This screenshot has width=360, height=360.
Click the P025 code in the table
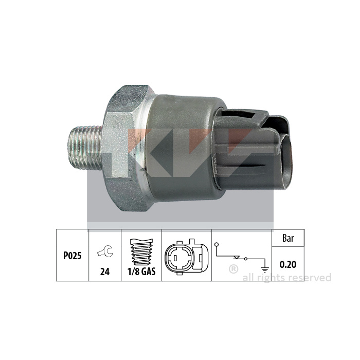73,256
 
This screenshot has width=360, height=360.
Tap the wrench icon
105,251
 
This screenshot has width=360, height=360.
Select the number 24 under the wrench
105,272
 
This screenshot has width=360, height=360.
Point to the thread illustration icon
141,252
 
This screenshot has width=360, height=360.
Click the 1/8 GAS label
141,272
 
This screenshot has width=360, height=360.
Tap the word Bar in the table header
288,238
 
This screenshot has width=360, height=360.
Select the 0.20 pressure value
288,264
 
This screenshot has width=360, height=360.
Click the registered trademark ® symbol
233,269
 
